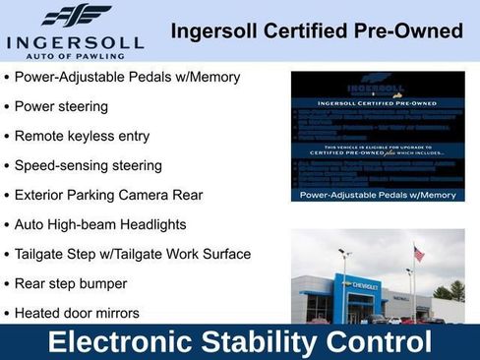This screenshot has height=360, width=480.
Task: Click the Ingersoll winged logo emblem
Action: [x=77, y=16]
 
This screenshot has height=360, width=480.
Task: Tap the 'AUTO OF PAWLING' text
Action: [x=76, y=57]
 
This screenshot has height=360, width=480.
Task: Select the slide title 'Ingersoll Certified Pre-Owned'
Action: [x=316, y=31]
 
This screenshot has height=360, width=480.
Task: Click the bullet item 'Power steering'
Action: [x=61, y=106]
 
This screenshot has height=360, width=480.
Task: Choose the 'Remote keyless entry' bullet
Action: [x=82, y=136]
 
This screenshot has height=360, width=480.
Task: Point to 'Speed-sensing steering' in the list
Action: [x=88, y=165]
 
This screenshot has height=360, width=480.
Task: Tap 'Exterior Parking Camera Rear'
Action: [x=108, y=195]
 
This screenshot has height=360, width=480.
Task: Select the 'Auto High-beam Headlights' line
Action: [x=100, y=224]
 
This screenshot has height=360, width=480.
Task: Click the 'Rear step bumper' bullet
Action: [x=71, y=283]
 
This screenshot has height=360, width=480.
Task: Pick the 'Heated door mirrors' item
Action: [x=77, y=313]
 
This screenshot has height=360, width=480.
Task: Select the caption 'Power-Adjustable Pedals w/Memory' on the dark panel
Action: [x=378, y=195]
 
